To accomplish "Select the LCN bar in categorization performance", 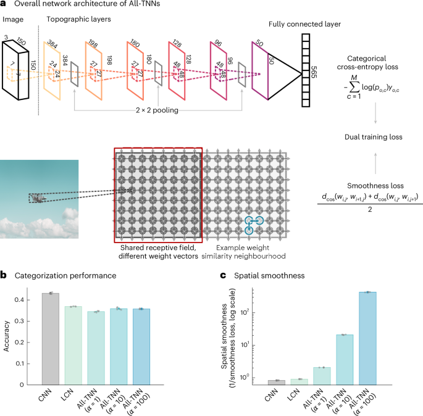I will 73,345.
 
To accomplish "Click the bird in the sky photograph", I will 38,198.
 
